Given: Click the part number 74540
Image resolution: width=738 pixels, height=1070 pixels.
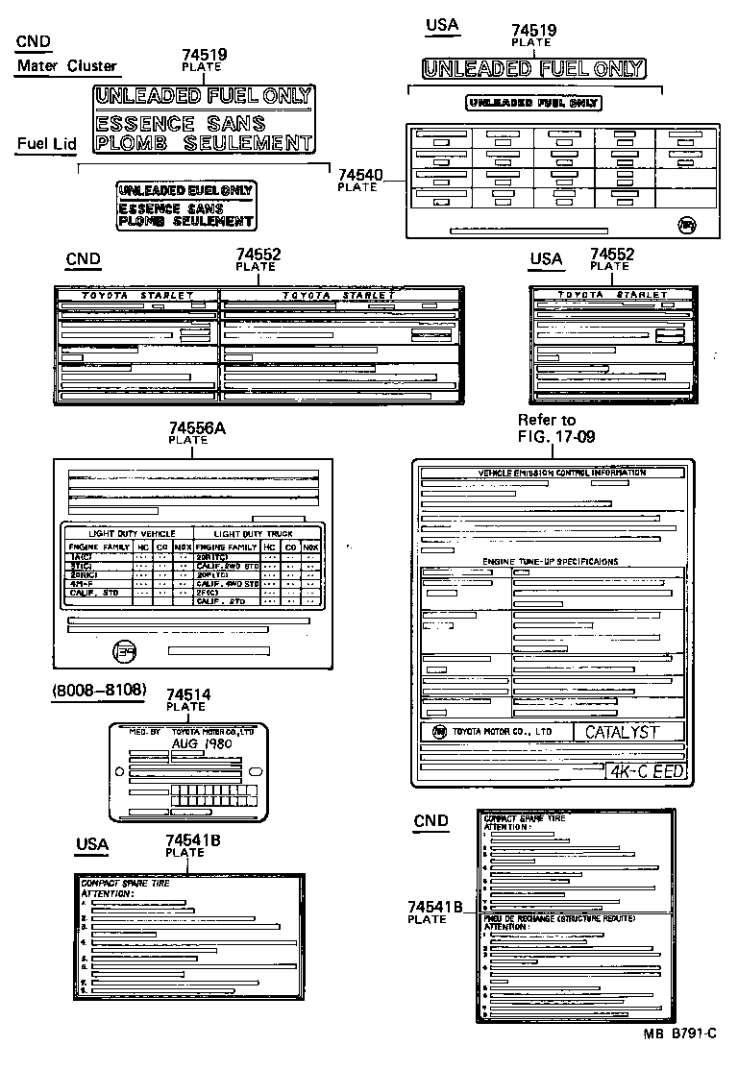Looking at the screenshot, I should pos(360,175).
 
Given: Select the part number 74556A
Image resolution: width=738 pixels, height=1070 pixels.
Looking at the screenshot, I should pos(197,428).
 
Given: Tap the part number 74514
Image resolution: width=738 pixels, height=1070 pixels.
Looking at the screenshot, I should pos(188,694).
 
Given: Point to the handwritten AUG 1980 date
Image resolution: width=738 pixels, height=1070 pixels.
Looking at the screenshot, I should pos(202,743).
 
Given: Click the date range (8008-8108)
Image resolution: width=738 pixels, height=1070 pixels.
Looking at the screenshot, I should pos(98,690).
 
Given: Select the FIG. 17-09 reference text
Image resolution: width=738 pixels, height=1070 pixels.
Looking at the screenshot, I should pos(556,435).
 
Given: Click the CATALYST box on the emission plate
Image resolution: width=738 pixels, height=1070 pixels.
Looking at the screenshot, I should pos(623,732).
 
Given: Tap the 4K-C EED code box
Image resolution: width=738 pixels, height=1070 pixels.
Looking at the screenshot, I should pos(645,769).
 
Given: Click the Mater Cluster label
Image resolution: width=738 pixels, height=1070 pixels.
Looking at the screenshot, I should pos(67,66).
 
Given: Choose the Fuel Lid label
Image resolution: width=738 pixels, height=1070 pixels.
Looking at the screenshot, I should pos(46,144).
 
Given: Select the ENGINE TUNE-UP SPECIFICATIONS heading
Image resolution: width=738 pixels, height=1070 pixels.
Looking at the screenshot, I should pos(550,561).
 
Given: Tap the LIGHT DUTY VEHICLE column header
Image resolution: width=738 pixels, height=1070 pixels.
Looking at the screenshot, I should pos(132,532).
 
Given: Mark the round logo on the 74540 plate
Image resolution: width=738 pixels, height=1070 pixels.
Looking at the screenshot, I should pos(685,224).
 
